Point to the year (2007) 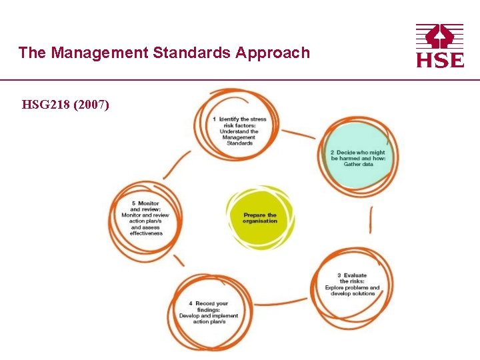(93, 105)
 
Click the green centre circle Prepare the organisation (260, 218)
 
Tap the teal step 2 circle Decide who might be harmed (358, 157)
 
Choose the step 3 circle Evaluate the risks (351, 285)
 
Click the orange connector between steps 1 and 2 (298, 133)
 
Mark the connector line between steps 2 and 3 (371, 220)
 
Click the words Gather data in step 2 (358, 164)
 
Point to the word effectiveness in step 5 (147, 233)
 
